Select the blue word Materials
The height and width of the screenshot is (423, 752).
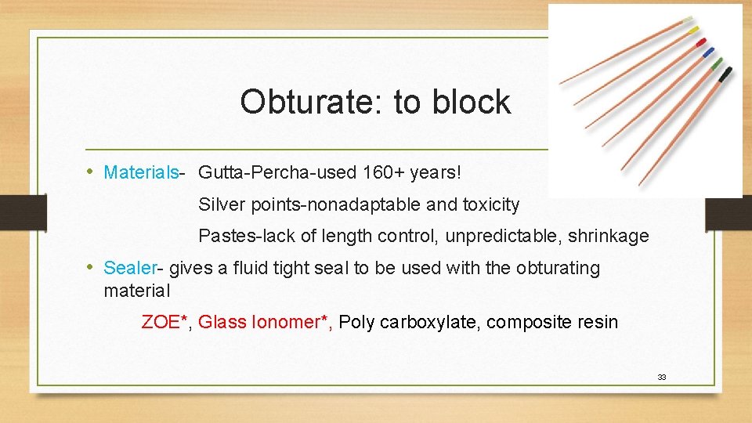141,172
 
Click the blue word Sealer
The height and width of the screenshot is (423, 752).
130,268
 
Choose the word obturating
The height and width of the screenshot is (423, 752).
558,268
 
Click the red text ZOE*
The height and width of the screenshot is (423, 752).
166,322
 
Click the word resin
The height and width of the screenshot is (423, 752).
597,322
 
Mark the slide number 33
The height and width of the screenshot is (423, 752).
662,378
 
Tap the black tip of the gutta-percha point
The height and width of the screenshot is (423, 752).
725,74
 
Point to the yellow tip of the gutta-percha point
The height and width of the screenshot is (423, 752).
693,29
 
